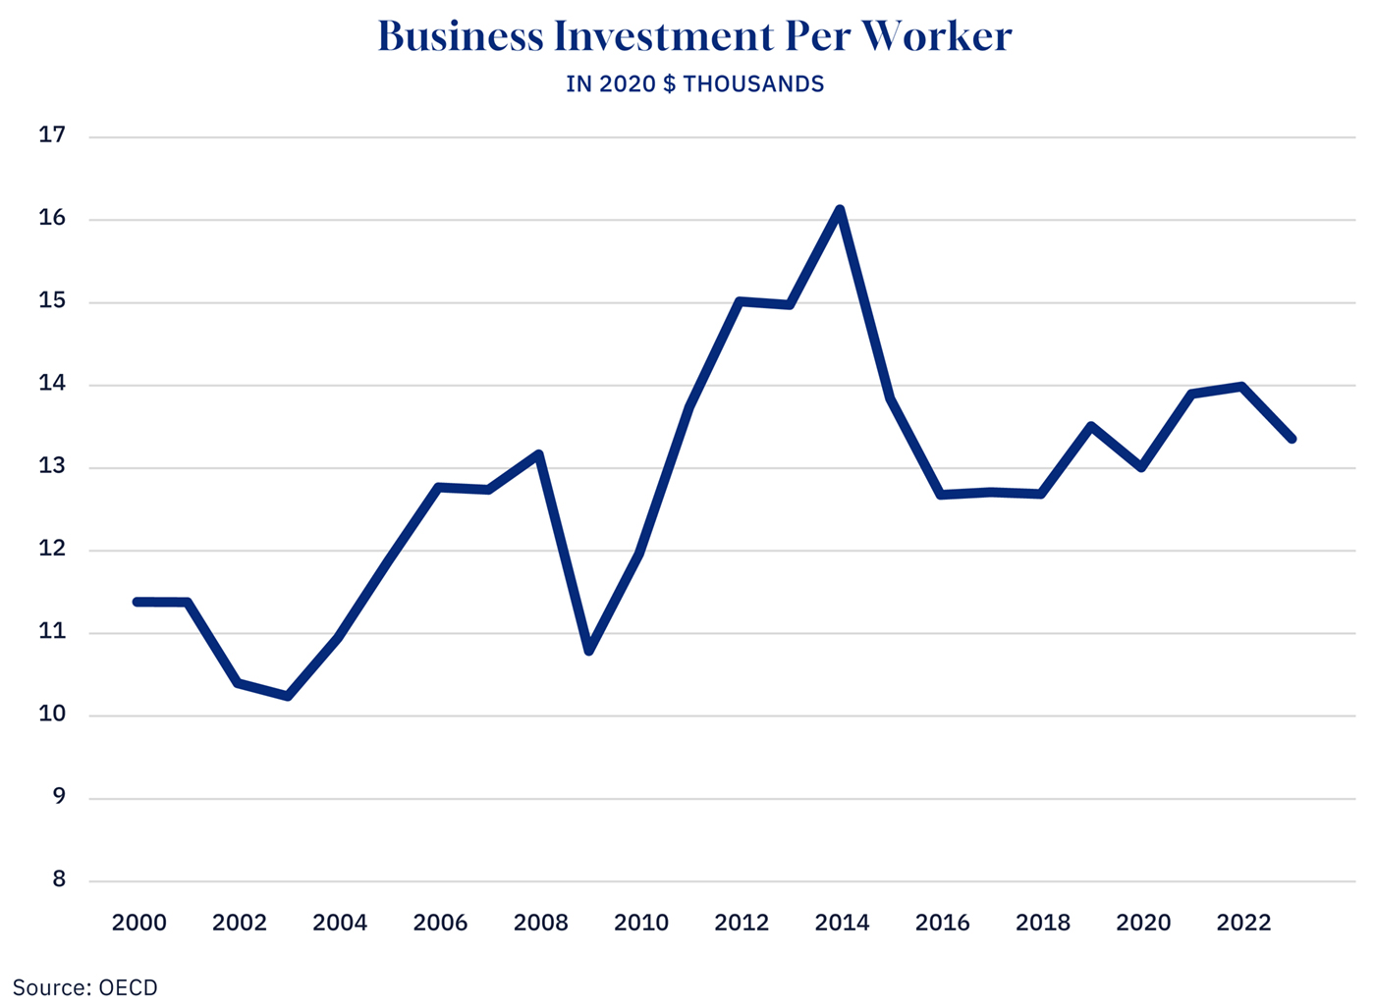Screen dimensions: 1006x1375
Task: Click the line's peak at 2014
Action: (840, 209)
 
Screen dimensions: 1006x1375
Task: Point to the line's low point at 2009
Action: (589, 650)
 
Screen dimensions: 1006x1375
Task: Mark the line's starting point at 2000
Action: (137, 602)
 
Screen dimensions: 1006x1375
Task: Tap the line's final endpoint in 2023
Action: (1292, 439)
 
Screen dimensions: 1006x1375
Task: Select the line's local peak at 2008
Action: (539, 454)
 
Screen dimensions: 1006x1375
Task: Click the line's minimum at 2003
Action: (288, 696)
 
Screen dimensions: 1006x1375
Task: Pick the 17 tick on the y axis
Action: (52, 135)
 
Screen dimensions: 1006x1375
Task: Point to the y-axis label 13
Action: (52, 466)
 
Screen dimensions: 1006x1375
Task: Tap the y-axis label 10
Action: (52, 715)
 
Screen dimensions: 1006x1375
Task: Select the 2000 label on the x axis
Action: (138, 923)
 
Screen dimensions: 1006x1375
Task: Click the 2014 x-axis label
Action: (842, 923)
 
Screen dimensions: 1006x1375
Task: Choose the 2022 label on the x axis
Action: (1243, 923)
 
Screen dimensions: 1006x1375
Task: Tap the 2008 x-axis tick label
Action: (540, 923)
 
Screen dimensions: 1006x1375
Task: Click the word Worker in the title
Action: (937, 37)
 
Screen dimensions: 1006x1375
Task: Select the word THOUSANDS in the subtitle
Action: (753, 84)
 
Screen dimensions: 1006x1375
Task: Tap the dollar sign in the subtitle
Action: (670, 84)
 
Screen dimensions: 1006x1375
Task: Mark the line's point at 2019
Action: (1091, 426)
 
